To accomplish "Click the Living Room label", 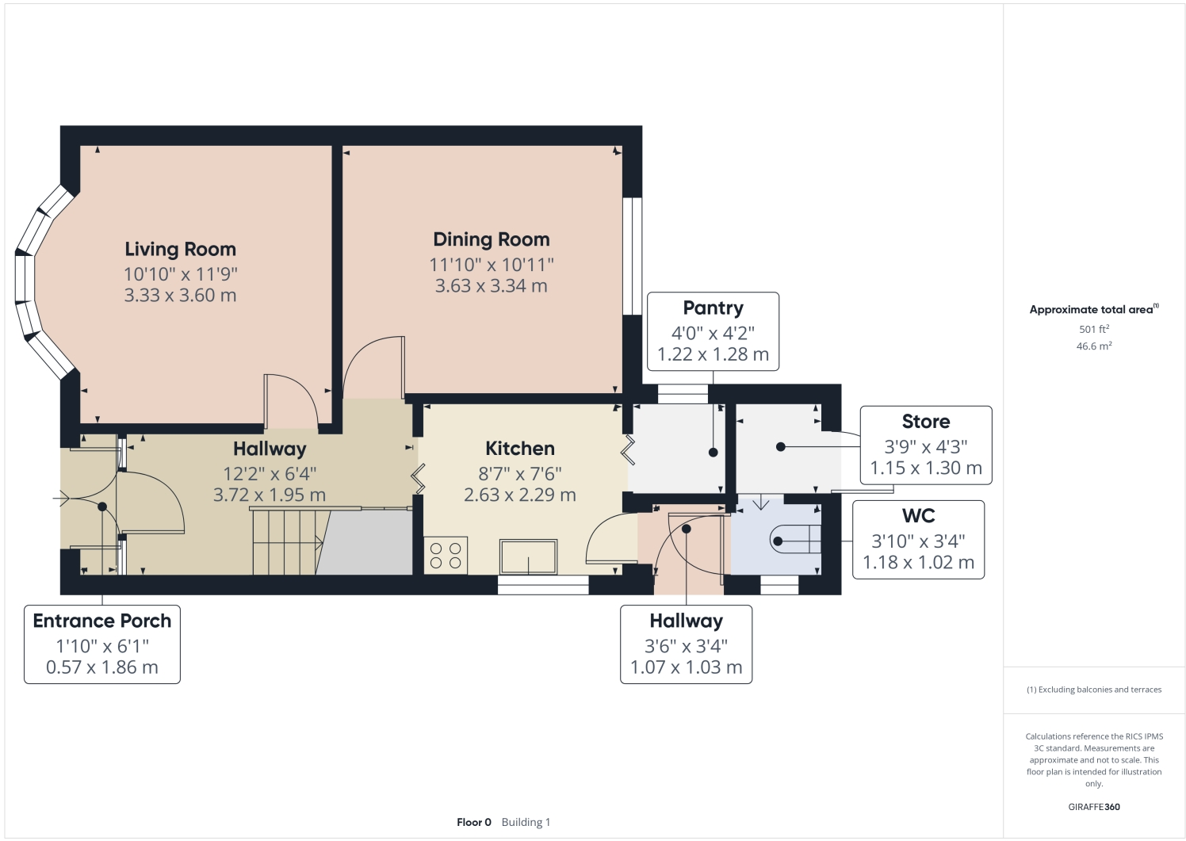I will (180, 249).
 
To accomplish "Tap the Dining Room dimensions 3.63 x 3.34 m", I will (491, 286).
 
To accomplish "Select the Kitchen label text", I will (520, 449).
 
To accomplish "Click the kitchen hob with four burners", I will (446, 556).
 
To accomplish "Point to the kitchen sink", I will (528, 556).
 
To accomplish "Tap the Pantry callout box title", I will (713, 308).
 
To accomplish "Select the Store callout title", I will (925, 422).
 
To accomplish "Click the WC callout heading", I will (918, 516).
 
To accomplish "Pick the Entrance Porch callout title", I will (102, 621).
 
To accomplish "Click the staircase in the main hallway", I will (285, 542).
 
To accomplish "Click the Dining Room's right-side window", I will (632, 256).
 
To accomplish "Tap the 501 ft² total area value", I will (1093, 329).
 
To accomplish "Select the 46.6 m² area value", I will (1093, 346).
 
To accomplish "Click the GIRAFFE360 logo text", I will (1093, 807).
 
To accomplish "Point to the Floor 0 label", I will (474, 822).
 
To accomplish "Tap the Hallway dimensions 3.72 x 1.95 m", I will (270, 495).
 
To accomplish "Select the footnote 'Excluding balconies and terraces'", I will (1094, 690).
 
